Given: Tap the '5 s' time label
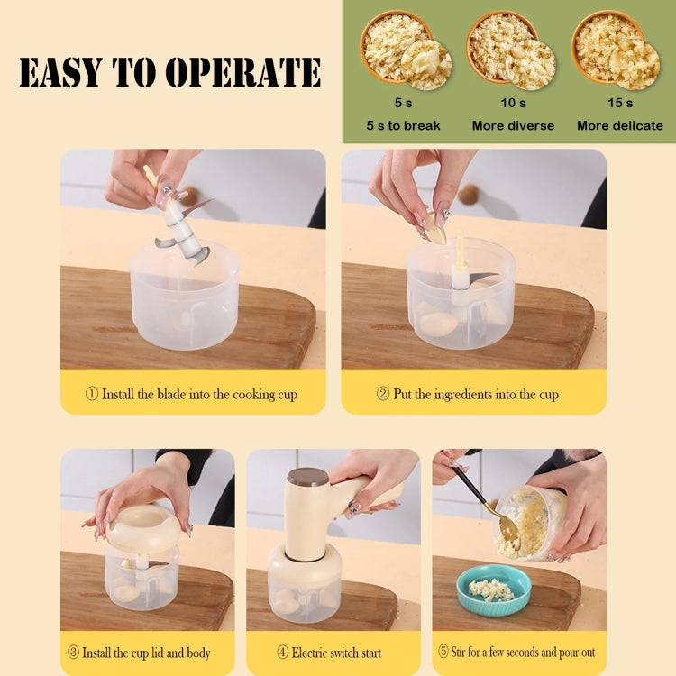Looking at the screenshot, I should pyautogui.click(x=403, y=103).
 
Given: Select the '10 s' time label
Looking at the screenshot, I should pyautogui.click(x=513, y=103).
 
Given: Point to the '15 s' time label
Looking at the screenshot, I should pyautogui.click(x=620, y=103).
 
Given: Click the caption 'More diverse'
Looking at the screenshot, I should pyautogui.click(x=513, y=125).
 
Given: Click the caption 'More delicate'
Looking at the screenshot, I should pyautogui.click(x=620, y=125).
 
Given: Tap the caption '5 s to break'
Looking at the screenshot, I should pyautogui.click(x=403, y=125).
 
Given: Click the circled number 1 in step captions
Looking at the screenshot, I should pyautogui.click(x=91, y=395).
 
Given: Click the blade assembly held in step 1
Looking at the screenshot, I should pyautogui.click(x=183, y=225).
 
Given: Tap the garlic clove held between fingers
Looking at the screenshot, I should pyautogui.click(x=436, y=229).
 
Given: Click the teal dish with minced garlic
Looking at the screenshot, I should pyautogui.click(x=490, y=590).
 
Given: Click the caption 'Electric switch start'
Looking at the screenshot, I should pyautogui.click(x=334, y=653).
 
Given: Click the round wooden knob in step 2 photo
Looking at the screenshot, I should pyautogui.click(x=468, y=193).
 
